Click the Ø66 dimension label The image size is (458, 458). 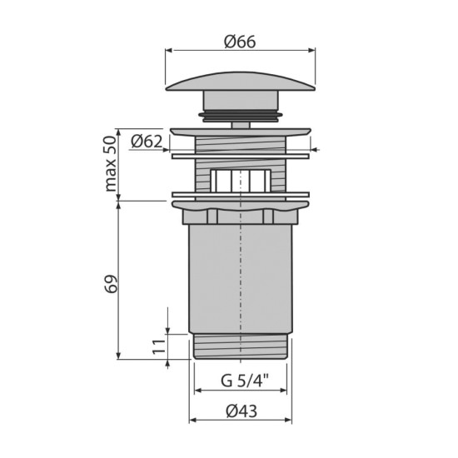tap(240, 42)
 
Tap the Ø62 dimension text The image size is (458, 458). tap(147, 142)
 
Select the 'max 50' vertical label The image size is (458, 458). tap(111, 164)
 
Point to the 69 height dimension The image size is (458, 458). tap(111, 283)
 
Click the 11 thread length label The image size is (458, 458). tap(159, 346)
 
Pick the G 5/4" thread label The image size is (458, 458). tap(244, 381)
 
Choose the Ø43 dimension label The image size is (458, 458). tap(241, 411)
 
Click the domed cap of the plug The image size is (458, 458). tap(241, 82)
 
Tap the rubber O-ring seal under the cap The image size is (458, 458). tap(241, 116)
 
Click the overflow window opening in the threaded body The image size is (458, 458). tap(241, 181)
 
